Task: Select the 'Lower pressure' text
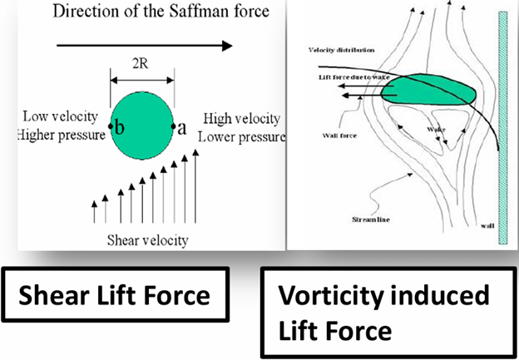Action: pyautogui.click(x=241, y=135)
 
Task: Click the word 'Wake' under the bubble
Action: pyautogui.click(x=436, y=130)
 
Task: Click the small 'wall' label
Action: pyautogui.click(x=487, y=225)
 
